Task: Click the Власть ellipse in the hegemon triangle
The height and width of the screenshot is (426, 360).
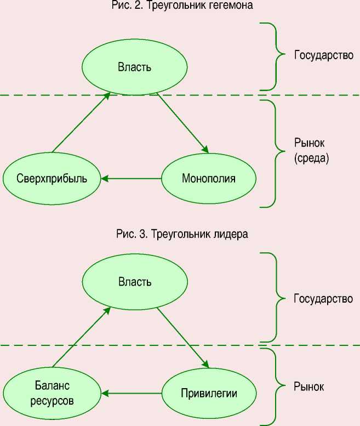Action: click(x=134, y=67)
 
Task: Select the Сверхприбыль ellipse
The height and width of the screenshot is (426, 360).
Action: click(x=52, y=179)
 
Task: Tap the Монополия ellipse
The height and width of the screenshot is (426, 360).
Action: click(x=208, y=179)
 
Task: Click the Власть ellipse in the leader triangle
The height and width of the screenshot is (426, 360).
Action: click(x=134, y=282)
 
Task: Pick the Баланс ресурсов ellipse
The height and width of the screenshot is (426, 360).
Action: click(x=52, y=393)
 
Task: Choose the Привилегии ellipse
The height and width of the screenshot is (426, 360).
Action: click(x=208, y=393)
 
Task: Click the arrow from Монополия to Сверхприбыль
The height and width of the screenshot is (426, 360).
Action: click(x=132, y=179)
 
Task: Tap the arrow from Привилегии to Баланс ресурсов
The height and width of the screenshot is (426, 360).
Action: click(x=132, y=393)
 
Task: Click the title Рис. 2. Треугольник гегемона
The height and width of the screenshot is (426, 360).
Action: click(x=181, y=6)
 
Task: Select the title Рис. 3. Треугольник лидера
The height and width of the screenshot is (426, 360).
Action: click(x=182, y=234)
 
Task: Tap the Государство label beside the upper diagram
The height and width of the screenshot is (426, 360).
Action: click(x=323, y=55)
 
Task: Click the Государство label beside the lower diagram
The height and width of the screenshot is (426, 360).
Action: click(x=323, y=299)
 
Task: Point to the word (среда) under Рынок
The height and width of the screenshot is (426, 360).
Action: click(x=310, y=159)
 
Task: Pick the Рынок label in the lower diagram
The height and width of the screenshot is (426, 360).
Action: click(x=308, y=387)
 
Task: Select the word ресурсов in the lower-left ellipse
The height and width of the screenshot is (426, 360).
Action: click(x=52, y=400)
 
